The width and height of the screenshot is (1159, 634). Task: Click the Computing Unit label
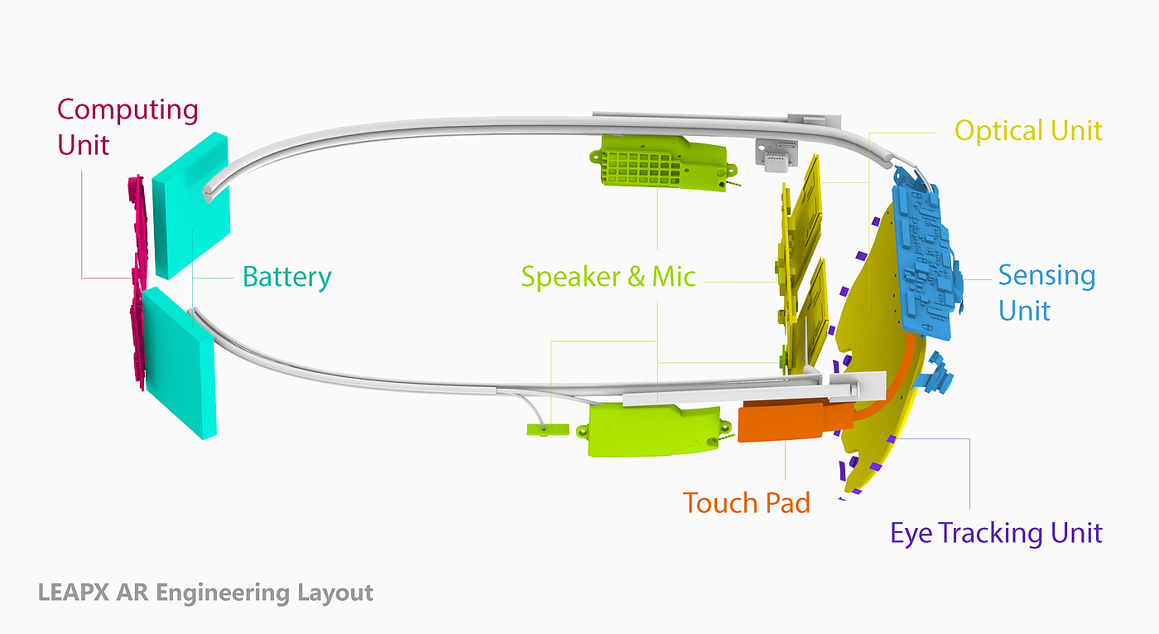coord(127,127)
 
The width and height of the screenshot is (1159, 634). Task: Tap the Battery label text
coord(286,277)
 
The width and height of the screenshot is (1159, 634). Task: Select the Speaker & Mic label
coord(608,277)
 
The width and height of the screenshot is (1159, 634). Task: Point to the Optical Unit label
coord(1028,131)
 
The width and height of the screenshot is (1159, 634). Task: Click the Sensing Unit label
coord(1046,293)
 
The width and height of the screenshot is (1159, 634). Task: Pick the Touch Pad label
coord(746,502)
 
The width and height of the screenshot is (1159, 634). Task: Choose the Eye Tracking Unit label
coord(996,533)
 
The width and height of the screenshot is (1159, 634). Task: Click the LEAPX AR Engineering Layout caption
coord(205,593)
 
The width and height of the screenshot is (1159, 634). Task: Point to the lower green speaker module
coord(654,429)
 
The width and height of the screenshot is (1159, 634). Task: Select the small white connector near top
coord(776,156)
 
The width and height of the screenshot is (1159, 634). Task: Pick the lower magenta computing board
coord(137,340)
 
